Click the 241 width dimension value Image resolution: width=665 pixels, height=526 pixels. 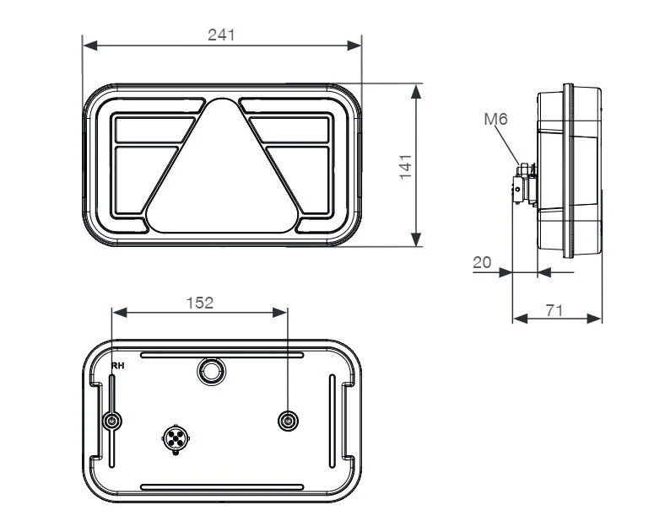coord(221,35)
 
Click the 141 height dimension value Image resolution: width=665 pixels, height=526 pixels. coord(406,167)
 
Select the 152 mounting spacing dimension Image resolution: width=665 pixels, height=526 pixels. coord(200,303)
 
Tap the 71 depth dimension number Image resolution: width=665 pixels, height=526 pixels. coord(554,310)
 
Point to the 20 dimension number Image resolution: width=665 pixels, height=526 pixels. coord(482,262)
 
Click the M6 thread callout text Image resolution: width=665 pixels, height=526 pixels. coord(495,119)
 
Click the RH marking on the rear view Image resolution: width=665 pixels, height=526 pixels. coord(117,366)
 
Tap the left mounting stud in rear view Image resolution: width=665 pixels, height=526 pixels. coord(112,421)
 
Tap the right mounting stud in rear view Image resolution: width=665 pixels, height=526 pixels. coord(288,421)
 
